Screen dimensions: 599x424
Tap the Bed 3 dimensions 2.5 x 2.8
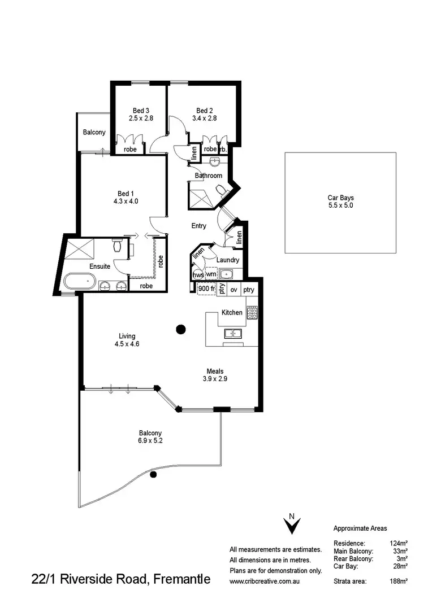pyautogui.click(x=141, y=119)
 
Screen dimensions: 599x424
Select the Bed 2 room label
pyautogui.click(x=204, y=110)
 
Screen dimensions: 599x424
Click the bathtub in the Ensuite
pyautogui.click(x=79, y=281)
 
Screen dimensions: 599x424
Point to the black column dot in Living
pyautogui.click(x=181, y=329)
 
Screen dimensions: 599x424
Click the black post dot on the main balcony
pyautogui.click(x=152, y=475)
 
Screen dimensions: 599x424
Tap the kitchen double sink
pyautogui.click(x=233, y=334)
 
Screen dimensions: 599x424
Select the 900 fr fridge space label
pyautogui.click(x=206, y=289)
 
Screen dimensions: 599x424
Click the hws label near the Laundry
pyautogui.click(x=198, y=274)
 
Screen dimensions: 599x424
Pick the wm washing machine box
pyautogui.click(x=211, y=274)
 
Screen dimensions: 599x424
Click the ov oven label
pyautogui.click(x=233, y=290)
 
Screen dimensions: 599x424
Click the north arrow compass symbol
pyautogui.click(x=292, y=525)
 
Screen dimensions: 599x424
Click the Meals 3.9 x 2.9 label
pyautogui.click(x=215, y=375)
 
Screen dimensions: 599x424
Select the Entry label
pyautogui.click(x=198, y=226)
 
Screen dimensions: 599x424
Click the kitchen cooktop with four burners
pyautogui.click(x=252, y=312)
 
